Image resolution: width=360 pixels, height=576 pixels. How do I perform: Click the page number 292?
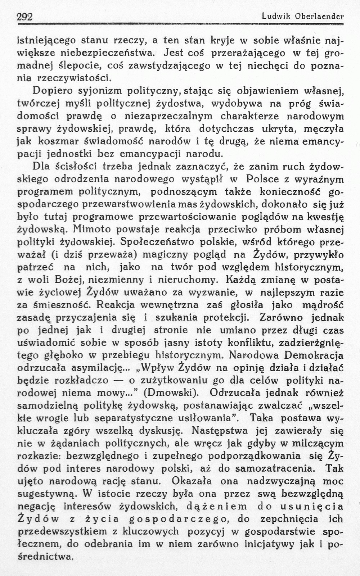(25, 17)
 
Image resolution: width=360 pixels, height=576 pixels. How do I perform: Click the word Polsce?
(261, 179)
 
